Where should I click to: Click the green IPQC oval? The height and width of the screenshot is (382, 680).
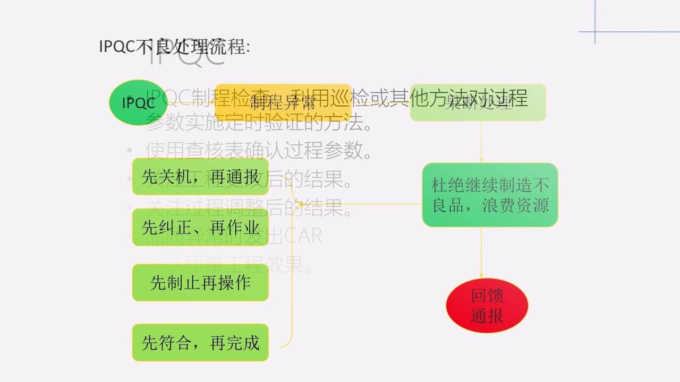(138, 102)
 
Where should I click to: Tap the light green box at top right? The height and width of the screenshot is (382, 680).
(478, 102)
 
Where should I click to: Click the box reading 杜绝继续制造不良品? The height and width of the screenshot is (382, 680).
(490, 195)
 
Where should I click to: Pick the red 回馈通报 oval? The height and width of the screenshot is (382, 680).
(487, 306)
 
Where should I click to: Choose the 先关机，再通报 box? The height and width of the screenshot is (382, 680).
(200, 177)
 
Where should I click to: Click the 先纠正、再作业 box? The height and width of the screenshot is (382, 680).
(200, 228)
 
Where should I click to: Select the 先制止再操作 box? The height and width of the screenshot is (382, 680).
(200, 283)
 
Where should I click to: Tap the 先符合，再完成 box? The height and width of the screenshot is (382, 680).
(200, 343)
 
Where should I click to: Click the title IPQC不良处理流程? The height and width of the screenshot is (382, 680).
(174, 47)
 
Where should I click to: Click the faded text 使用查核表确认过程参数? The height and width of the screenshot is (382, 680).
(258, 151)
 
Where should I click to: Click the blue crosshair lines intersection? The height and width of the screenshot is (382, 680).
(595, 32)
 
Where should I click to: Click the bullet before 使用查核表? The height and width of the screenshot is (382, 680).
(130, 151)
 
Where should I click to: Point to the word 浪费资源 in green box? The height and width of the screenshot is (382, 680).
(517, 205)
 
